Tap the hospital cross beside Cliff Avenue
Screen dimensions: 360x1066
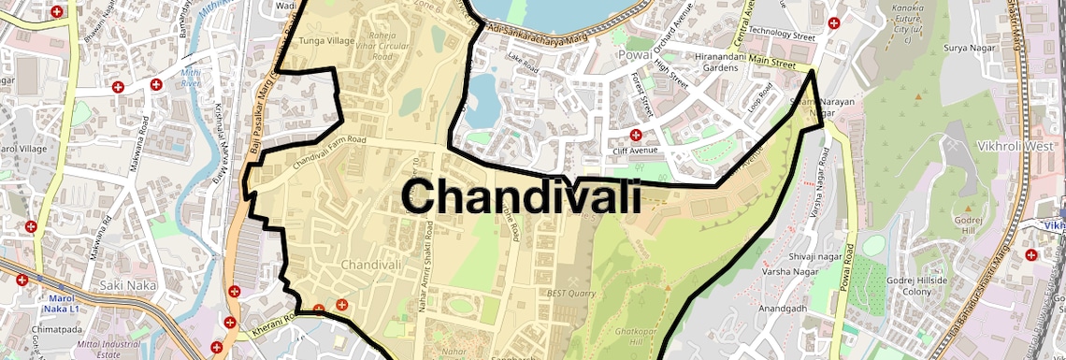[635, 135]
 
